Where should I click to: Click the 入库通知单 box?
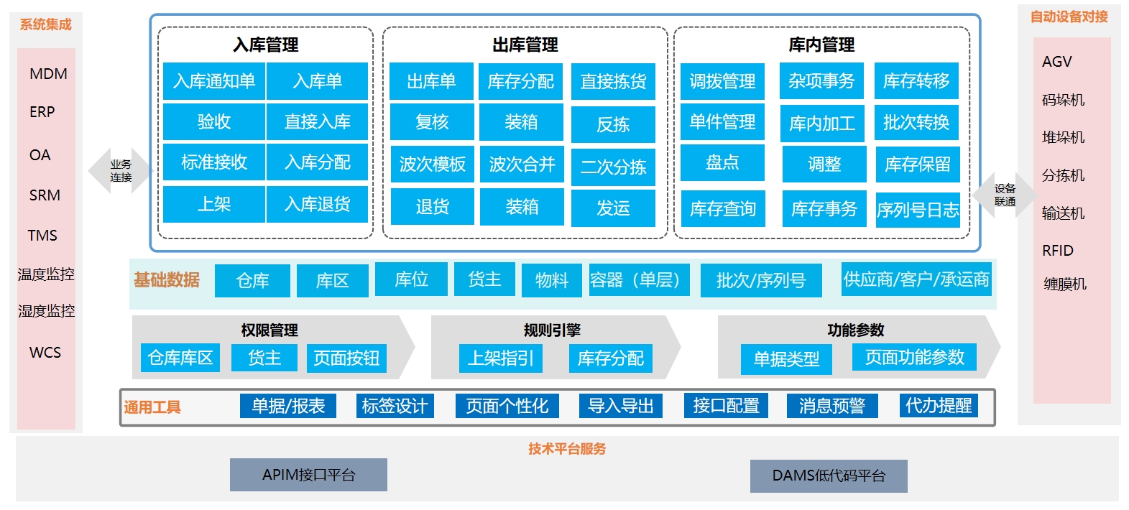[214, 81]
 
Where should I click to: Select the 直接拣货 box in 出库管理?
[613, 82]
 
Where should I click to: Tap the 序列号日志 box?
[918, 210]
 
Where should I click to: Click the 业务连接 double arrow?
[120, 171]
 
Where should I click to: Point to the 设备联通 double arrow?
[1005, 195]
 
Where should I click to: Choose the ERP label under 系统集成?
[42, 112]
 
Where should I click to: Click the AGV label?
[1056, 62]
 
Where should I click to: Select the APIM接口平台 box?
[308, 475]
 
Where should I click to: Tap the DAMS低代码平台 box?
[829, 476]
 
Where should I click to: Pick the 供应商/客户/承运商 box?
[916, 279]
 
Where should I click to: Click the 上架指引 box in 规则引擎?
[501, 358]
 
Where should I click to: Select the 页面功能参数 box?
[914, 357]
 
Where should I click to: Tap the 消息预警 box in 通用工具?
[831, 406]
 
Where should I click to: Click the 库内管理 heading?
[821, 45]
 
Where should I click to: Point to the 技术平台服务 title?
[567, 449]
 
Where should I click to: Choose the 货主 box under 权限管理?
[264, 358]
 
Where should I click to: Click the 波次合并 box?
[522, 164]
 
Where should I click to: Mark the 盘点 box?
[722, 163]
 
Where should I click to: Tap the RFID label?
[1057, 251]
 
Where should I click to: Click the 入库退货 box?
[317, 205]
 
